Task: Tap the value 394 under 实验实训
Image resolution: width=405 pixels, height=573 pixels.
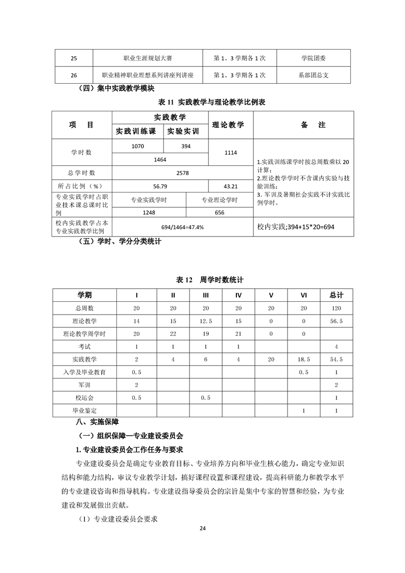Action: click(x=185, y=147)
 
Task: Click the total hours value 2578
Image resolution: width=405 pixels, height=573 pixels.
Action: click(x=182, y=173)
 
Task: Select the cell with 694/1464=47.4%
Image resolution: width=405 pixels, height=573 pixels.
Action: click(x=182, y=227)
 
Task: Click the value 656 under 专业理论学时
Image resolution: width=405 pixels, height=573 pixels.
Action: click(x=220, y=213)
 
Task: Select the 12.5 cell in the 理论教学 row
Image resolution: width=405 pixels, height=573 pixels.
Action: click(x=205, y=321)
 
